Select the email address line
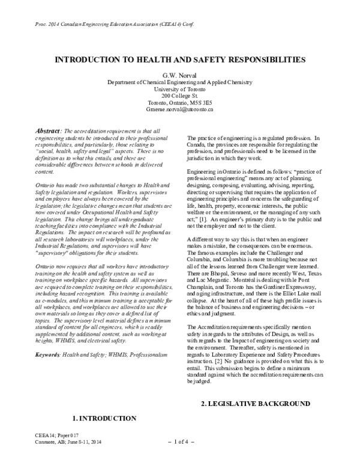coord(180,110)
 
